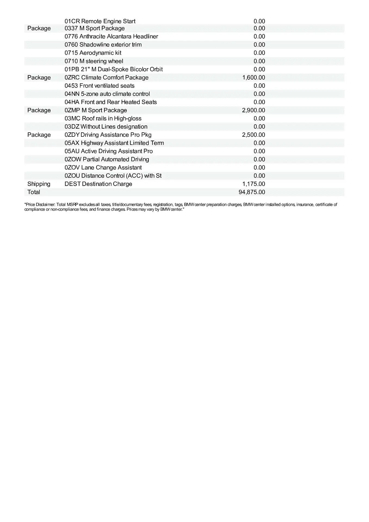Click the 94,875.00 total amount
click(x=252, y=192)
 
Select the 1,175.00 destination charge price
click(x=253, y=184)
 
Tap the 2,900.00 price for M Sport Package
click(x=253, y=110)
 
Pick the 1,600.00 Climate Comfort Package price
click(x=253, y=78)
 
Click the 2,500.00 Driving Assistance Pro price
click(x=253, y=135)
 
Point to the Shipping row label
click(x=39, y=184)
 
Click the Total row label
click(x=34, y=192)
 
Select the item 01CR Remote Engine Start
click(x=100, y=21)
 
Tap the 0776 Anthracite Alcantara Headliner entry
click(x=111, y=36)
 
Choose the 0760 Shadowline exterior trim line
click(x=103, y=45)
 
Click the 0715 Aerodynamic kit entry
click(x=93, y=53)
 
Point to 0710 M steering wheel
click(x=94, y=61)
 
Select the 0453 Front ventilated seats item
click(x=100, y=86)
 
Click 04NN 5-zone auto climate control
click(x=107, y=94)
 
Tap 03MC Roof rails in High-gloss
click(x=103, y=119)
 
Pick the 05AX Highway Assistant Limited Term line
click(x=114, y=143)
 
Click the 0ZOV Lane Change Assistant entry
click(x=103, y=168)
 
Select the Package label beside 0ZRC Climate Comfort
click(x=39, y=78)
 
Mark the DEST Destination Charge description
click(x=98, y=184)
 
